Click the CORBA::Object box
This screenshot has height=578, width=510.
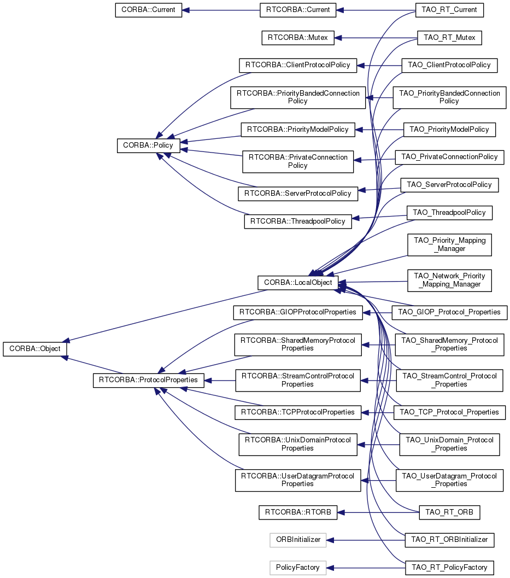[x=34, y=349]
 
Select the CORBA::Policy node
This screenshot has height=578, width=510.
[x=148, y=145]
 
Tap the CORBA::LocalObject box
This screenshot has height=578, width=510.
[x=298, y=283]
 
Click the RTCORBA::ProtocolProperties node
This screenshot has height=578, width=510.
[x=149, y=380]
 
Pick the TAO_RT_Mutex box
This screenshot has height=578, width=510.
[x=449, y=38]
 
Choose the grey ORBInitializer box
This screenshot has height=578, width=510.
[x=298, y=540]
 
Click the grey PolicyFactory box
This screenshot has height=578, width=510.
[x=298, y=568]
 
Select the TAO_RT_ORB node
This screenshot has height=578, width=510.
[x=449, y=512]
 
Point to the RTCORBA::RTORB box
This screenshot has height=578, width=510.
[x=298, y=512]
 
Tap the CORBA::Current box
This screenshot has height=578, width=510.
[x=149, y=10]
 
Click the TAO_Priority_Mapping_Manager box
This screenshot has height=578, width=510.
[x=449, y=245]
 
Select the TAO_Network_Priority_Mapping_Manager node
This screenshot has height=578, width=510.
[x=449, y=281]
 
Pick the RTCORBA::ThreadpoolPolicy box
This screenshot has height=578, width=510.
[x=298, y=221]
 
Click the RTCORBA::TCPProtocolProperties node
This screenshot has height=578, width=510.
[x=298, y=412]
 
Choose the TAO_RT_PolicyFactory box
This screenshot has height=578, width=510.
[x=449, y=568]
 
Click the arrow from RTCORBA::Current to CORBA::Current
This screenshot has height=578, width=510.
[x=221, y=10]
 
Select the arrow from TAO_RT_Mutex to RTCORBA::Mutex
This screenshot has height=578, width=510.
[x=376, y=38]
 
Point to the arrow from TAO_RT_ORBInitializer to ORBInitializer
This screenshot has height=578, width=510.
[x=366, y=540]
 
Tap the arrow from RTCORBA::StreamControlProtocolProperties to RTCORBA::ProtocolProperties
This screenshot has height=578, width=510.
[x=220, y=381]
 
